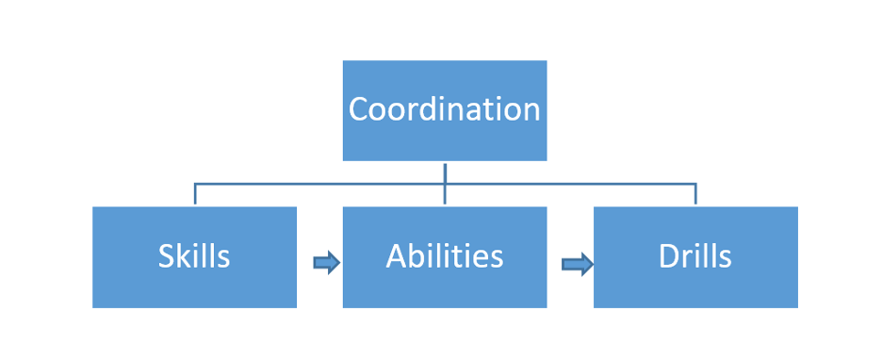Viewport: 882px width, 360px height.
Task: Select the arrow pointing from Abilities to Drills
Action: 577,264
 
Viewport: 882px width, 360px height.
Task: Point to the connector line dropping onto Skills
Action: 195,194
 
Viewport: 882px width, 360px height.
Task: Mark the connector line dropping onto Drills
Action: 695,194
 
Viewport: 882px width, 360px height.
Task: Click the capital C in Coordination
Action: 359,109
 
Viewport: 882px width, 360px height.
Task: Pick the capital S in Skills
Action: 166,255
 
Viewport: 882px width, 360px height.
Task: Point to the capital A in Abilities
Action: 397,255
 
